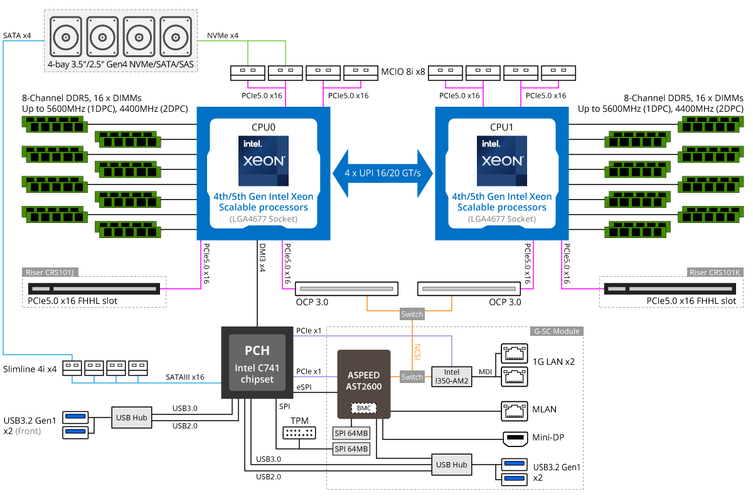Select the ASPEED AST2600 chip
pos(364,384)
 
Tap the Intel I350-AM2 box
pos(452,376)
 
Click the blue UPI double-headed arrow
pos(383,173)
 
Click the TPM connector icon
pos(299,433)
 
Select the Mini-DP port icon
pos(515,437)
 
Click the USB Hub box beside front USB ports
pos(132,417)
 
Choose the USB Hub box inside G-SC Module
pos(452,465)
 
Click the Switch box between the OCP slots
pos(412,314)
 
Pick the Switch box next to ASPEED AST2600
pos(412,377)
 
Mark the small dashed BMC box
pos(364,408)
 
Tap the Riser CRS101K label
pos(713,272)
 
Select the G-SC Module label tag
pos(557,331)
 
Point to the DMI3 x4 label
pos(262,257)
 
